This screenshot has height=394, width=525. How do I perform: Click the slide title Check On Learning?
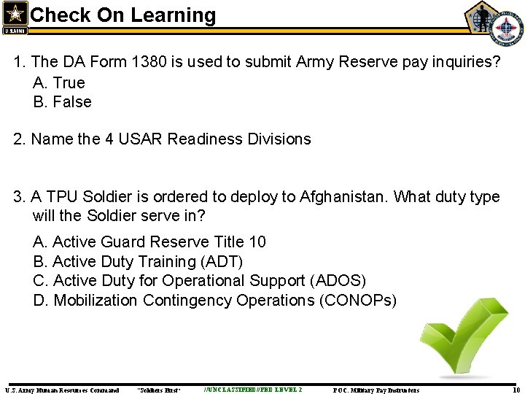click(x=123, y=15)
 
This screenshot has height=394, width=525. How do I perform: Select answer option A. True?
click(x=59, y=82)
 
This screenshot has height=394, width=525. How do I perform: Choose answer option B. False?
click(x=62, y=102)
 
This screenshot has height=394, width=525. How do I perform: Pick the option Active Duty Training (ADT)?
click(x=138, y=261)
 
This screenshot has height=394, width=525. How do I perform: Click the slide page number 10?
click(x=516, y=390)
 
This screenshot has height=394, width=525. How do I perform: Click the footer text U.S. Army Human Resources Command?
click(x=62, y=390)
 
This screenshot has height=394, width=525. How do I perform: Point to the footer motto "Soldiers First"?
click(x=158, y=390)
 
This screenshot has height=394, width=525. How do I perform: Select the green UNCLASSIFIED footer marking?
click(x=253, y=390)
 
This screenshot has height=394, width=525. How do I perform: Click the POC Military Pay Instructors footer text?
click(x=376, y=390)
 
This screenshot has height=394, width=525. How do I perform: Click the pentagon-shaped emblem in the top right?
click(x=482, y=17)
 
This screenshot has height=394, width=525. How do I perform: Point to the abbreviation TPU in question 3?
click(x=63, y=197)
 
